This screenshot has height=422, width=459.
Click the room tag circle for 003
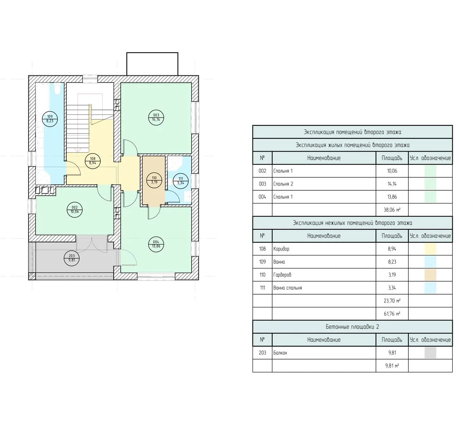pyautogui.click(x=156, y=118)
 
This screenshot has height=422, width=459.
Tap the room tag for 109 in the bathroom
pyautogui.click(x=50, y=119)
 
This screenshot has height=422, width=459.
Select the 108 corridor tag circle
pyautogui.click(x=93, y=161)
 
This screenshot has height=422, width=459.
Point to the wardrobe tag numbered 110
pyautogui.click(x=154, y=180)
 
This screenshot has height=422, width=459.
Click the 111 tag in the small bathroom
pyautogui.click(x=181, y=181)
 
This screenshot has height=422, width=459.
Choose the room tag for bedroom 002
pyautogui.click(x=75, y=209)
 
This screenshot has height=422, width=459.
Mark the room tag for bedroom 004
pyautogui.click(x=156, y=244)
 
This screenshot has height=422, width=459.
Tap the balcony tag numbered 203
pyautogui.click(x=72, y=258)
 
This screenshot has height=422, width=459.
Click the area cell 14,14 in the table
pyautogui.click(x=392, y=184)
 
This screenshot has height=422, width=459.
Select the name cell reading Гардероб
pyautogui.click(x=324, y=275)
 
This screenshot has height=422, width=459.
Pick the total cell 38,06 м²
pyautogui.click(x=392, y=210)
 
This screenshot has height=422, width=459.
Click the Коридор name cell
pyautogui.click(x=324, y=249)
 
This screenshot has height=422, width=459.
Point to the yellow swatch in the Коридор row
pyautogui.click(x=430, y=249)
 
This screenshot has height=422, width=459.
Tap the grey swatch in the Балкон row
pyautogui.click(x=430, y=353)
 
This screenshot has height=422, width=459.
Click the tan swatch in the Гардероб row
pyautogui.click(x=430, y=275)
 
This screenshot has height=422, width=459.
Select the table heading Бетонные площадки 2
pyautogui.click(x=352, y=327)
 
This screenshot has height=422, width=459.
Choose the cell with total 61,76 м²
pyautogui.click(x=392, y=314)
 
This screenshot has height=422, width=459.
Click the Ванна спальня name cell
pyautogui.click(x=324, y=288)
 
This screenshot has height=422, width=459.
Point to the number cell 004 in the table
pyautogui.click(x=262, y=197)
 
